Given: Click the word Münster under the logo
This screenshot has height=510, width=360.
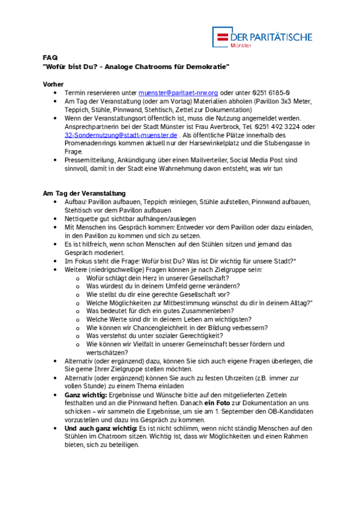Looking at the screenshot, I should click(242, 46).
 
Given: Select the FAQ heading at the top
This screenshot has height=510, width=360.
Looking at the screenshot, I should click(50, 57).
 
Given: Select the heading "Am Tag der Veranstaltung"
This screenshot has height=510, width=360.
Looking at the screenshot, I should click(85, 194).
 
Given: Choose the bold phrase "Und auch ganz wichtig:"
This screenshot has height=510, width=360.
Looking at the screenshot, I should click(101, 429).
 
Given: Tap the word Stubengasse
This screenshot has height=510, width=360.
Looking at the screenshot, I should click(282, 143).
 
